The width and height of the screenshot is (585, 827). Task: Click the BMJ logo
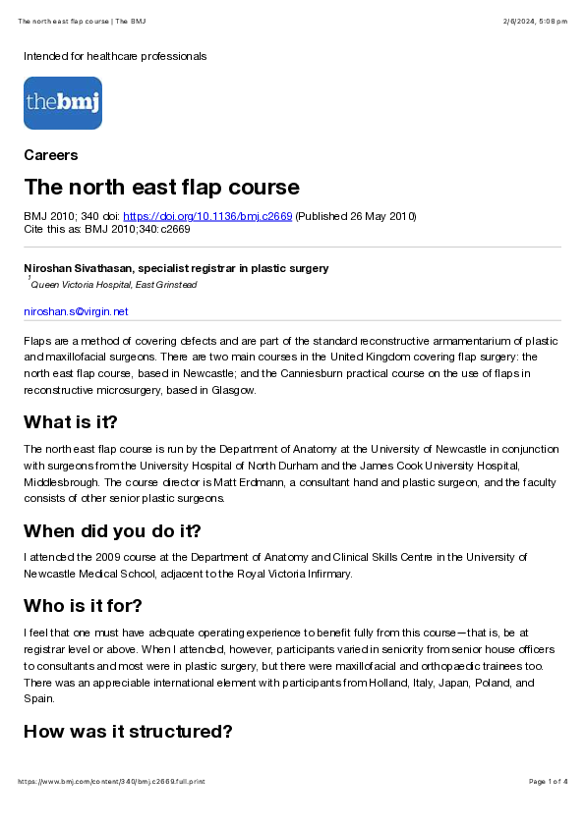pyautogui.click(x=63, y=103)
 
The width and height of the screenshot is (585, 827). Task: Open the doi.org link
pyautogui.click(x=207, y=217)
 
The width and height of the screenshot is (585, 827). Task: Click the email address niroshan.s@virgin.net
pyautogui.click(x=76, y=311)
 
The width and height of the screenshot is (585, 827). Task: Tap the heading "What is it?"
pyautogui.click(x=71, y=422)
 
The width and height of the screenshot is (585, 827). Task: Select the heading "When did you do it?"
pyautogui.click(x=112, y=531)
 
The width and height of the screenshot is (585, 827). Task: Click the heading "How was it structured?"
pyautogui.click(x=128, y=732)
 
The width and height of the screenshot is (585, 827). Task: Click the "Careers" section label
pyautogui.click(x=51, y=155)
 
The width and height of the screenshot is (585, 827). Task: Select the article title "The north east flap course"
pyautogui.click(x=161, y=187)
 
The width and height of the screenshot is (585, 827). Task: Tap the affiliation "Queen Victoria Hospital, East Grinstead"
pyautogui.click(x=114, y=285)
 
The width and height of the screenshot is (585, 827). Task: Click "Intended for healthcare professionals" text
pyautogui.click(x=115, y=56)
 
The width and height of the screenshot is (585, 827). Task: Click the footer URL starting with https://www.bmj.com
pyautogui.click(x=111, y=781)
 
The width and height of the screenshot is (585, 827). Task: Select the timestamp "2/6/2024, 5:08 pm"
pyautogui.click(x=528, y=22)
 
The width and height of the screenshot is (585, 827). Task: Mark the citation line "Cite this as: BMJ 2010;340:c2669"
pyautogui.click(x=107, y=229)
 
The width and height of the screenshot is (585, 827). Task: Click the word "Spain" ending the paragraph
pyautogui.click(x=37, y=698)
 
